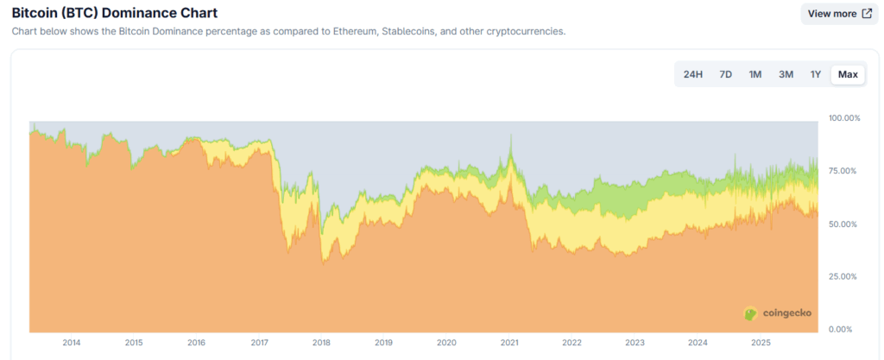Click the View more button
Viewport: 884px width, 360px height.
tap(839, 14)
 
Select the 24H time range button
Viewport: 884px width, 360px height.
tap(692, 74)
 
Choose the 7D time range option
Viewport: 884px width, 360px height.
tap(726, 74)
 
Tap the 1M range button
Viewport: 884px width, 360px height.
tap(755, 74)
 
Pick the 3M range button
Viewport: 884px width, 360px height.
tap(786, 74)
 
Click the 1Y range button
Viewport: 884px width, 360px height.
tap(815, 74)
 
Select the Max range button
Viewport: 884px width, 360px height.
tap(848, 74)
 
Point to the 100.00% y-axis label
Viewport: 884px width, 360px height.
tap(843, 117)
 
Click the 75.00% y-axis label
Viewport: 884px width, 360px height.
tap(843, 171)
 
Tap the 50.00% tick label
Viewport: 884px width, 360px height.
tap(843, 224)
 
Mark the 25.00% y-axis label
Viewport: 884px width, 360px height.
tap(843, 276)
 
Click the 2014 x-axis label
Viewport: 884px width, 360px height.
tap(72, 344)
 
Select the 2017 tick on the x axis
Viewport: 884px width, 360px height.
tap(259, 344)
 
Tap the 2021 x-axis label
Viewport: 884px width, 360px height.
tap(509, 344)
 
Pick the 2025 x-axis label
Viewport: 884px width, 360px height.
tap(760, 344)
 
